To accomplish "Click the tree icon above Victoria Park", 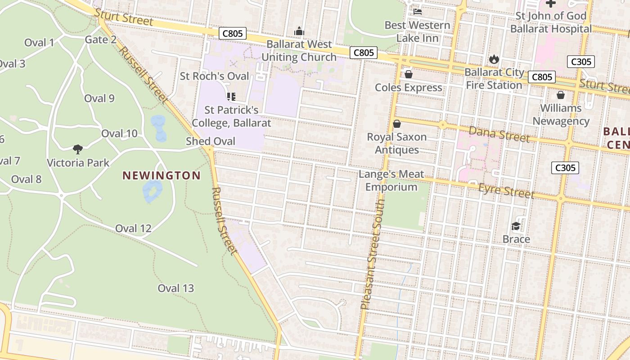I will [x=78, y=149].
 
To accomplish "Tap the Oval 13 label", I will [x=175, y=288].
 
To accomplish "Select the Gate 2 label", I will [x=101, y=40].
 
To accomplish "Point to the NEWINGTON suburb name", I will [x=162, y=175].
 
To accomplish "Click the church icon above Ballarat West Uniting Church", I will [x=299, y=31].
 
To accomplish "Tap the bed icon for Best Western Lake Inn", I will [x=417, y=12].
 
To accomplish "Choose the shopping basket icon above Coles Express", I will [x=409, y=74].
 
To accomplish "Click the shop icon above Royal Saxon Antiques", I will [x=397, y=124].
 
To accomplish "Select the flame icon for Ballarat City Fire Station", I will [x=494, y=59].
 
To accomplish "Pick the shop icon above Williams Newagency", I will [x=561, y=95].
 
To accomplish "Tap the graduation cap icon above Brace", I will [x=516, y=226].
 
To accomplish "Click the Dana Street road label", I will [x=499, y=134].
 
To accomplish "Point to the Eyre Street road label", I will [x=506, y=191].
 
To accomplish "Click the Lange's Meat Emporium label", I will [x=391, y=180].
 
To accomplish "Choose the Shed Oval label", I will [x=211, y=141].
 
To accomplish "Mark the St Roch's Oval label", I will [x=214, y=76].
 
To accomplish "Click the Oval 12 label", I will [x=133, y=228].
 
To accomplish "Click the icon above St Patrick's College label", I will [x=231, y=97].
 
